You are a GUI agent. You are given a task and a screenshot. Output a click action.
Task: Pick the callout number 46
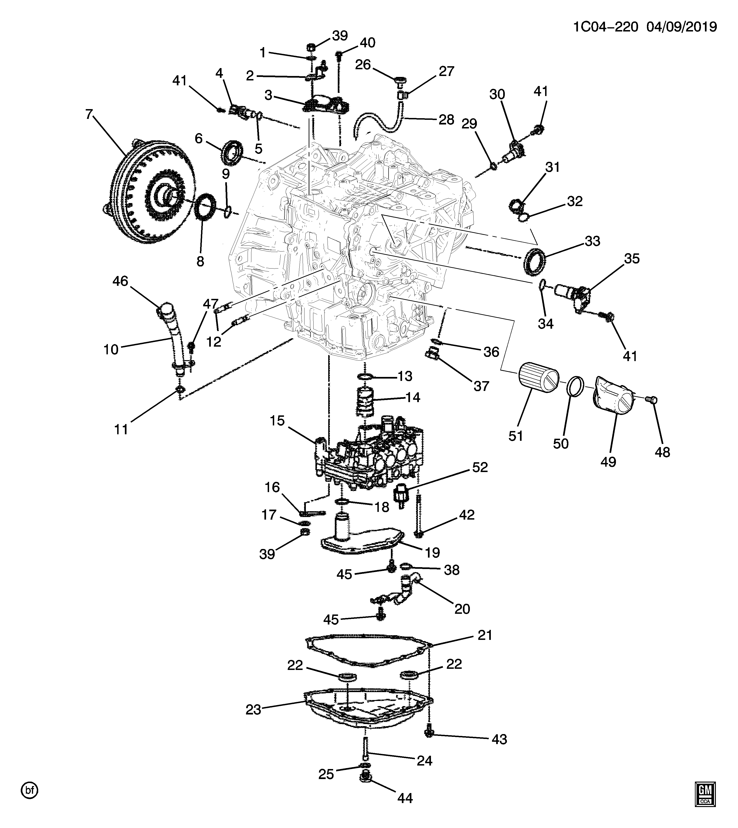point(120,281)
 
